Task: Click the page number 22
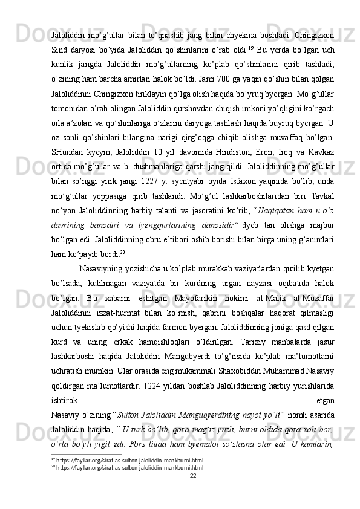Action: click(x=193, y=493)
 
